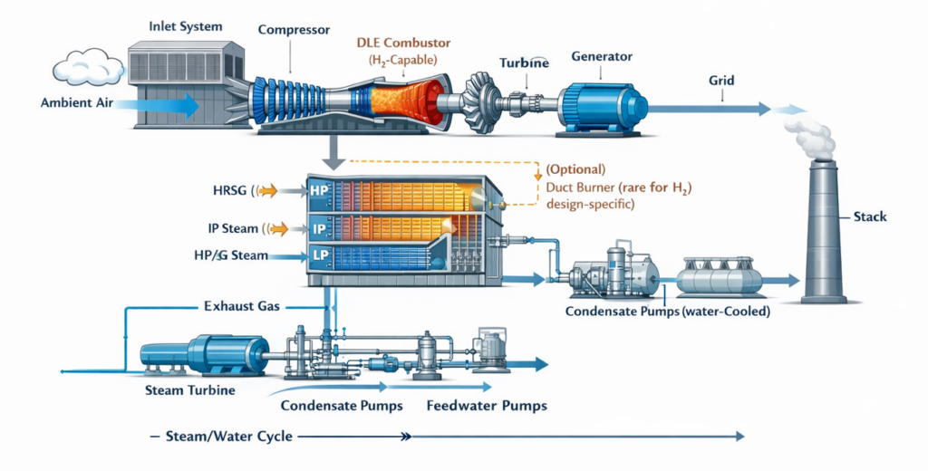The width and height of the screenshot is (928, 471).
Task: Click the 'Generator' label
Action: [601, 56]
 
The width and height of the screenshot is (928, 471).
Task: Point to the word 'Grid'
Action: [721, 81]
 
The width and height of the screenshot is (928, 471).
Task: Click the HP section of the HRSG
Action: [318, 190]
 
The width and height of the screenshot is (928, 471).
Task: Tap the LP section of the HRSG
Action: [318, 257]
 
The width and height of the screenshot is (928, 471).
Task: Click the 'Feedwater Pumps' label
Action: [487, 406]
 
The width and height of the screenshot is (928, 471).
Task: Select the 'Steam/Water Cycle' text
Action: [228, 437]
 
